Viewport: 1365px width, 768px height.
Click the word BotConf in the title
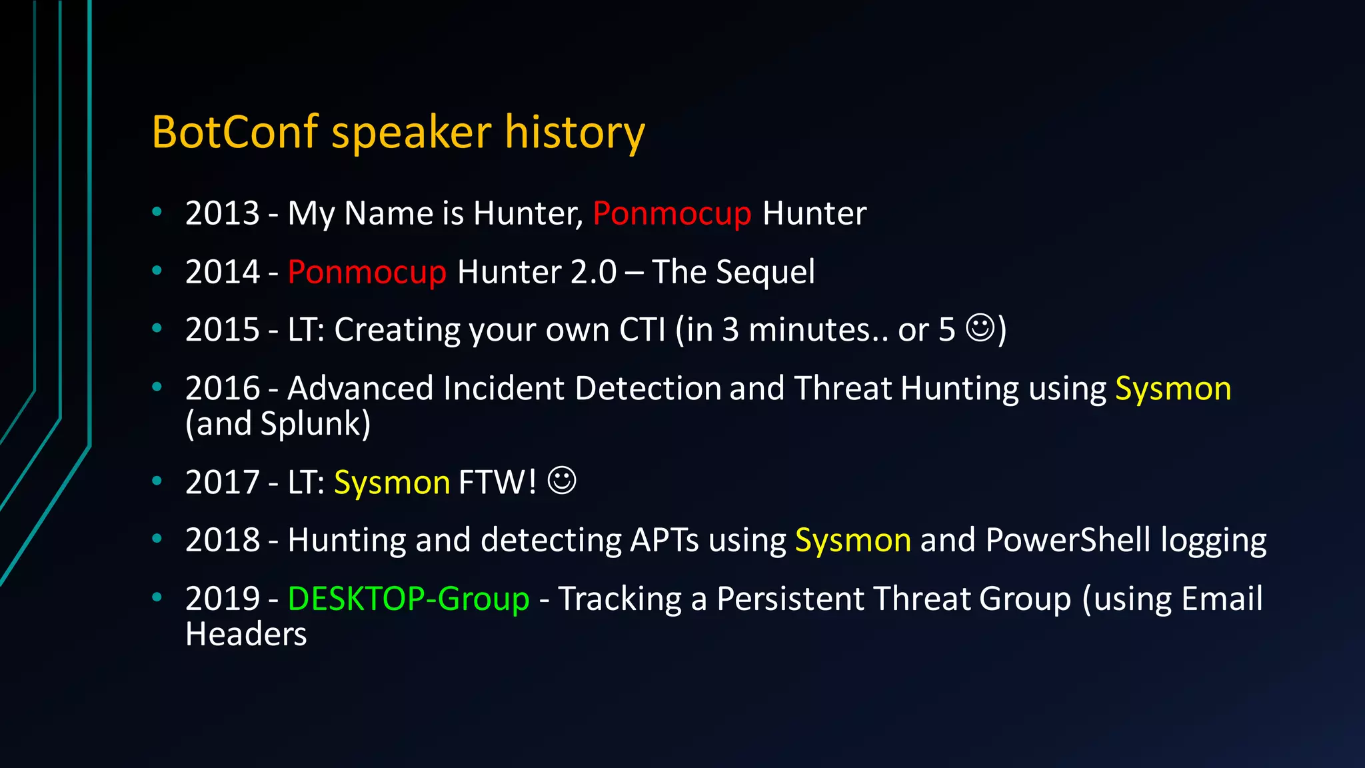click(235, 131)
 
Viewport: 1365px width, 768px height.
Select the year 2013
click(223, 213)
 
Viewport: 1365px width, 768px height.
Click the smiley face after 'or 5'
click(980, 329)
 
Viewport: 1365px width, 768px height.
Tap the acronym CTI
click(643, 330)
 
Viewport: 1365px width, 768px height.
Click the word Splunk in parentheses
click(311, 424)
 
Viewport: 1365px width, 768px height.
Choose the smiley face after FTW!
click(562, 481)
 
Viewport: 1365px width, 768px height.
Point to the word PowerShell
click(1068, 540)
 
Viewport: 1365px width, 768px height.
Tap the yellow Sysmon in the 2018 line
click(853, 541)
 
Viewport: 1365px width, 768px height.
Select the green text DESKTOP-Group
click(409, 599)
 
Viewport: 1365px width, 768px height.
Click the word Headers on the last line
click(246, 634)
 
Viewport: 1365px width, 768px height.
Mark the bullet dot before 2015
click(157, 328)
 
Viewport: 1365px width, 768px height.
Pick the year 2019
click(223, 599)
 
